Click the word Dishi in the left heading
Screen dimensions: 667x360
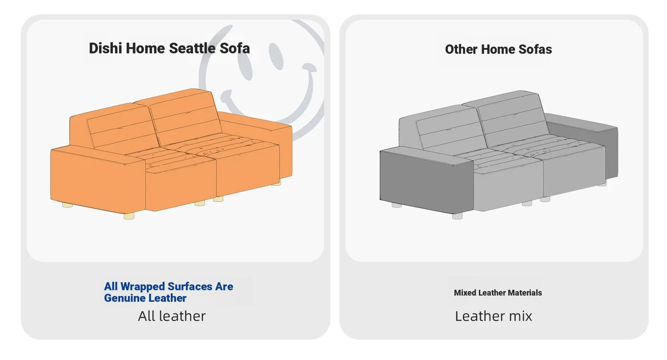[105, 48]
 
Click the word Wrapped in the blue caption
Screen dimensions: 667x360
[143, 287]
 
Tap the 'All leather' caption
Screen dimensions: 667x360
[172, 316]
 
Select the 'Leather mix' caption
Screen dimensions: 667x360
[494, 316]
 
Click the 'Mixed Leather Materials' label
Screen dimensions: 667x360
[498, 293]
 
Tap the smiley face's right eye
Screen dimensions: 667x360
[276, 56]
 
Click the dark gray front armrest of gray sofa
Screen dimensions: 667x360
[426, 181]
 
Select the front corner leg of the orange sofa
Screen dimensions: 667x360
[129, 216]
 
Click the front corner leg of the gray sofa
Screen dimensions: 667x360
[458, 216]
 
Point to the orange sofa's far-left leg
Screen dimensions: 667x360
[67, 205]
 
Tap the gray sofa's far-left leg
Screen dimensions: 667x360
[397, 205]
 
